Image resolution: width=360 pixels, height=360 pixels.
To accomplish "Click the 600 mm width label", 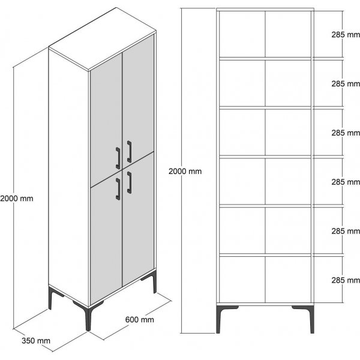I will (139, 320).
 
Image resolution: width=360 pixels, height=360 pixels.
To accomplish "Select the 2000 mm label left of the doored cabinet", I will (16, 197).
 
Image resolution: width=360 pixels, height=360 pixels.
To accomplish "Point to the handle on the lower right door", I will (129, 182).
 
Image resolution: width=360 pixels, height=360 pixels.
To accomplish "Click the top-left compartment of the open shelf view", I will (241, 34).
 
